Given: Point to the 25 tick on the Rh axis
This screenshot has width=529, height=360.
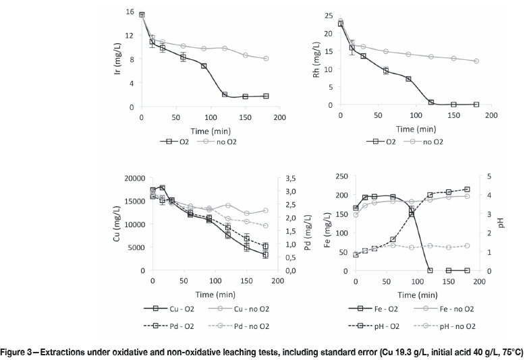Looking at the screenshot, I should coord(329,16).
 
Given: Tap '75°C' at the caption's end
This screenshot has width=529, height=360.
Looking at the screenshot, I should coord(512,352).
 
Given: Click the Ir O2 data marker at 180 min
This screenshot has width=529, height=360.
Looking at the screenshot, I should coord(267,96).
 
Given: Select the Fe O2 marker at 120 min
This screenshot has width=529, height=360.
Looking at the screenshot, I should coord(430,270).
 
